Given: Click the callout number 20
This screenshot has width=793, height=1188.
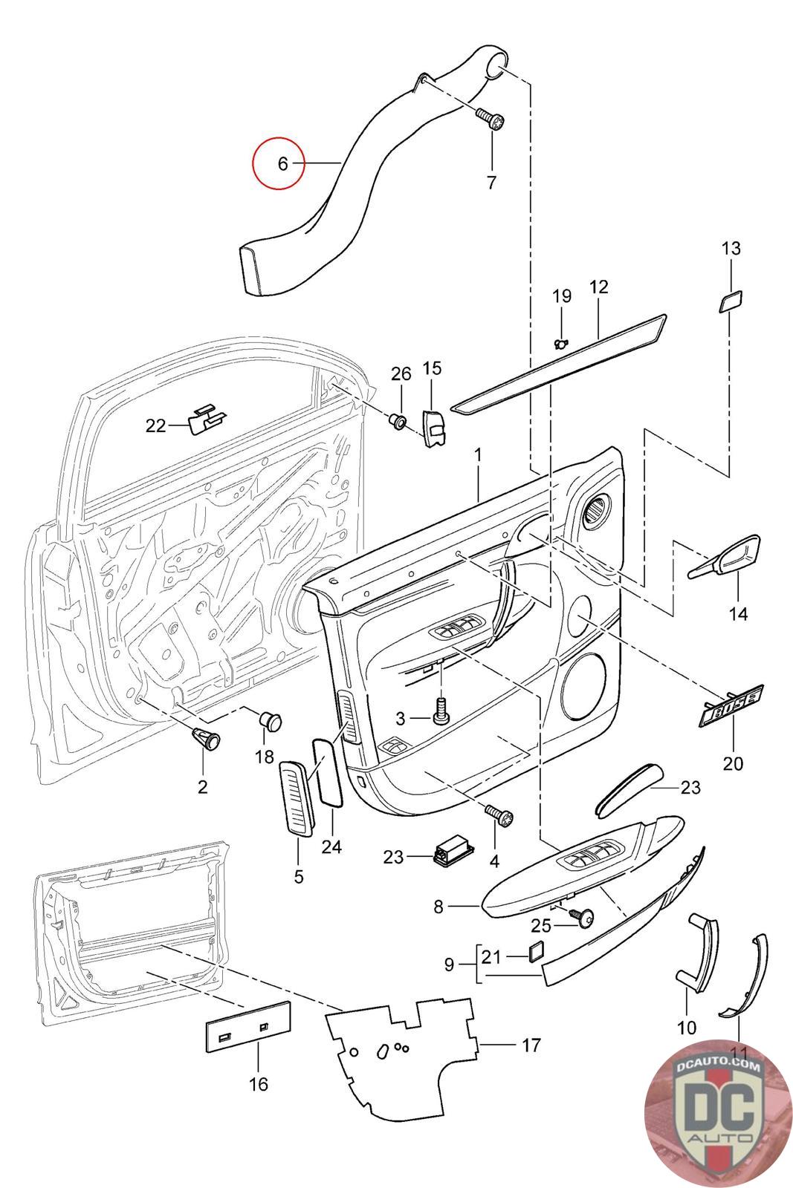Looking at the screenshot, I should [x=733, y=763].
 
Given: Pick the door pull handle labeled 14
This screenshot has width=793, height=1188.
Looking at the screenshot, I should [x=726, y=560].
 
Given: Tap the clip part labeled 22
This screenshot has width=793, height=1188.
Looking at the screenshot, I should [x=207, y=420].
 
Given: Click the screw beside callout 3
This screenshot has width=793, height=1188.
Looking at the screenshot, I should [x=441, y=711].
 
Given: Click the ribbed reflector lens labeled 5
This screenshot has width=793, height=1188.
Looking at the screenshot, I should [x=297, y=798].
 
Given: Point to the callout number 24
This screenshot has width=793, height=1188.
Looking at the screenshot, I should [x=331, y=846].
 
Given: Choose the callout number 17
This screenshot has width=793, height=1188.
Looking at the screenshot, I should [x=531, y=1045].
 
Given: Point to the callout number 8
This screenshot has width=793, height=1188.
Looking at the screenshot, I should [x=438, y=906].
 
